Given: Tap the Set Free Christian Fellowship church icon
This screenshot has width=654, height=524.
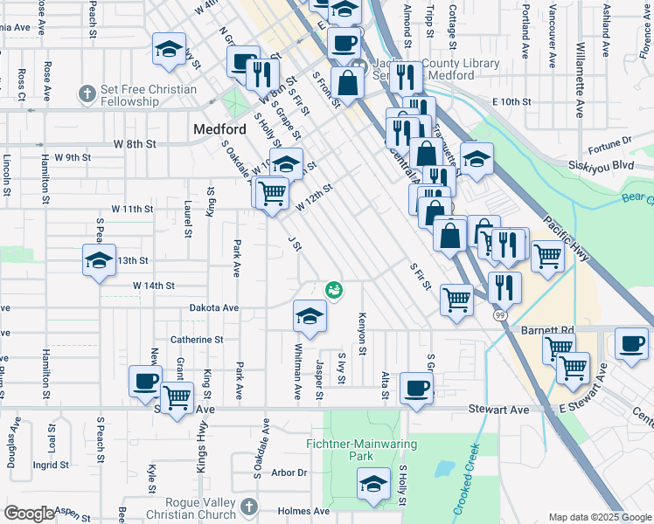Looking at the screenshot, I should coord(86,93).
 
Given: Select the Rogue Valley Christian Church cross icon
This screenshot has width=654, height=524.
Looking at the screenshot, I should coord(248,507).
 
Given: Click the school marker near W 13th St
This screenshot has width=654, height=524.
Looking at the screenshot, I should coord(100,259).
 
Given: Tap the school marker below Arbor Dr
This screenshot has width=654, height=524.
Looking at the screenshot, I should coord(373,484).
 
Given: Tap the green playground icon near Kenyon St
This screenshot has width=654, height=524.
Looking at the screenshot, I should coord(333,289).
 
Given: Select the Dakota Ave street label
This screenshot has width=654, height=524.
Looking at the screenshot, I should coord(214,308).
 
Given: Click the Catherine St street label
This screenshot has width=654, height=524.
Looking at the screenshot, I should coord(197,340).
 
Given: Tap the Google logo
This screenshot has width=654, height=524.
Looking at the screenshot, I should coord(29,514).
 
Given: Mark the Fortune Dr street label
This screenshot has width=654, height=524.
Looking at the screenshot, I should coord(609,141).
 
